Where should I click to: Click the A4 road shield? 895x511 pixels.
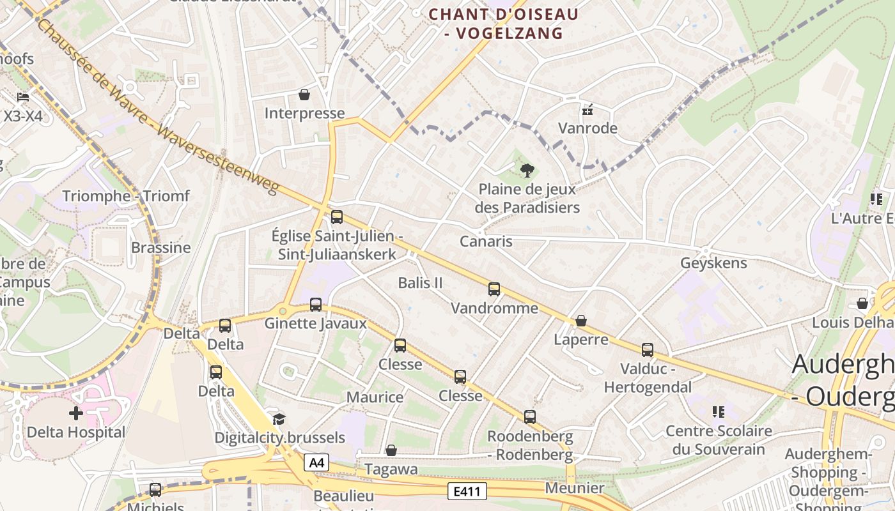click(x=316, y=462)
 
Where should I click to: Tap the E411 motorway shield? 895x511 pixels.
click(x=467, y=491)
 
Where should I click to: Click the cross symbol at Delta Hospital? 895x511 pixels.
click(x=76, y=413)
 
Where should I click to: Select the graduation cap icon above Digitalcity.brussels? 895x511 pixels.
click(x=279, y=419)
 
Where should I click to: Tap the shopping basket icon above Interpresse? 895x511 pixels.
click(x=304, y=95)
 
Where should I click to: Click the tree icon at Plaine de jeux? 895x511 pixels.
click(x=527, y=170)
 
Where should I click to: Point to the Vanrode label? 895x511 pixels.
click(x=588, y=128)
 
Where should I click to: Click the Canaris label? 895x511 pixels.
click(x=486, y=241)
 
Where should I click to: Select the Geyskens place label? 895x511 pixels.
click(x=713, y=263)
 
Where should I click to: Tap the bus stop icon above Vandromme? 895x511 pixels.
click(x=494, y=289)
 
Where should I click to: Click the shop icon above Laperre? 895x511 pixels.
click(x=581, y=320)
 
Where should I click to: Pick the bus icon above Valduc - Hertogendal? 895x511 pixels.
click(x=648, y=349)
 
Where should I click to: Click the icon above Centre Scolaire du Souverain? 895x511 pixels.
click(x=719, y=412)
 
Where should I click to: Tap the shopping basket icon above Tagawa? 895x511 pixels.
click(x=391, y=450)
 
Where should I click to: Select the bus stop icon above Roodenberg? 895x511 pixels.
click(x=530, y=416)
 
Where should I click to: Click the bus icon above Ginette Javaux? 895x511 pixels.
click(x=316, y=304)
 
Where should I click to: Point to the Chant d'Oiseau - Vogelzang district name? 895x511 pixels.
click(x=504, y=24)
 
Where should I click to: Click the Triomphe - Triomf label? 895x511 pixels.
click(x=126, y=196)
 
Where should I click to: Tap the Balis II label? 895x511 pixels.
click(x=420, y=283)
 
